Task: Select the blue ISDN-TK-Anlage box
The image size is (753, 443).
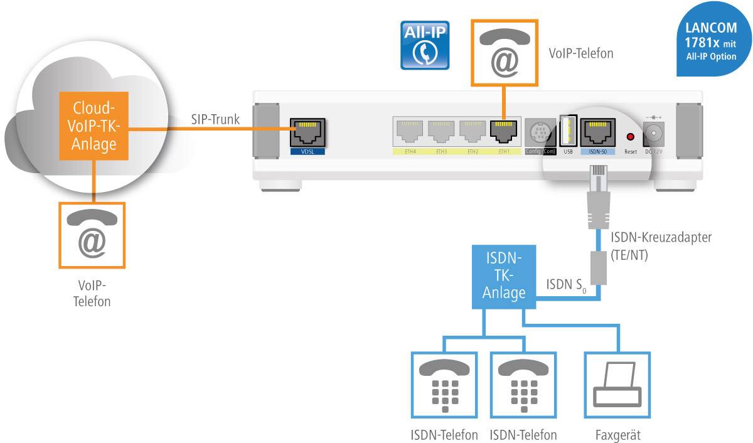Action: [x=504, y=277]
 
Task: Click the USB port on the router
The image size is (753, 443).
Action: [x=568, y=131]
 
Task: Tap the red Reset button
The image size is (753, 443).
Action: [x=631, y=137]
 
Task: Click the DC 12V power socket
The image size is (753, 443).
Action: [x=655, y=133]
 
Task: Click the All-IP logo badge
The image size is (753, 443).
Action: [x=425, y=45]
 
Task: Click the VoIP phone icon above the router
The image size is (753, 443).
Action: [x=505, y=53]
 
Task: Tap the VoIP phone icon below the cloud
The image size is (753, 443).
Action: [x=92, y=233]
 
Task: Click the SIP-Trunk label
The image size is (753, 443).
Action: [x=215, y=119]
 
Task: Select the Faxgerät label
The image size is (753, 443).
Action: [x=618, y=435]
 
